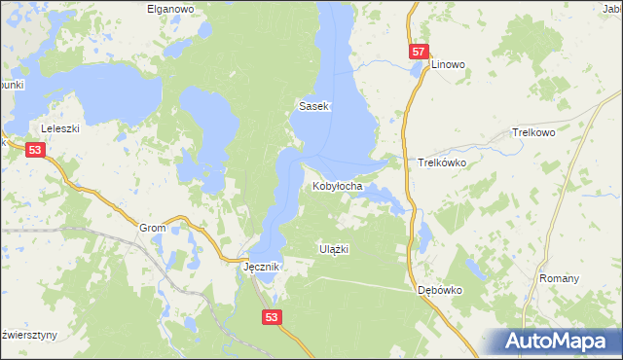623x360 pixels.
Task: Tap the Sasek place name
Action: (x=315, y=106)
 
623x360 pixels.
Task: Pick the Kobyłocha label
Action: (x=338, y=185)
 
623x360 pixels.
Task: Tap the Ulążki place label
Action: (x=334, y=249)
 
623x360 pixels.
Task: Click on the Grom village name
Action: (x=153, y=228)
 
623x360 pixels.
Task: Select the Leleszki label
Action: (x=58, y=128)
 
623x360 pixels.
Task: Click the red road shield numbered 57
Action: (x=418, y=52)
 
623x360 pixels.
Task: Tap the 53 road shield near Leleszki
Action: (x=36, y=150)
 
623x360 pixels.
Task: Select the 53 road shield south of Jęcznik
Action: (x=273, y=316)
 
